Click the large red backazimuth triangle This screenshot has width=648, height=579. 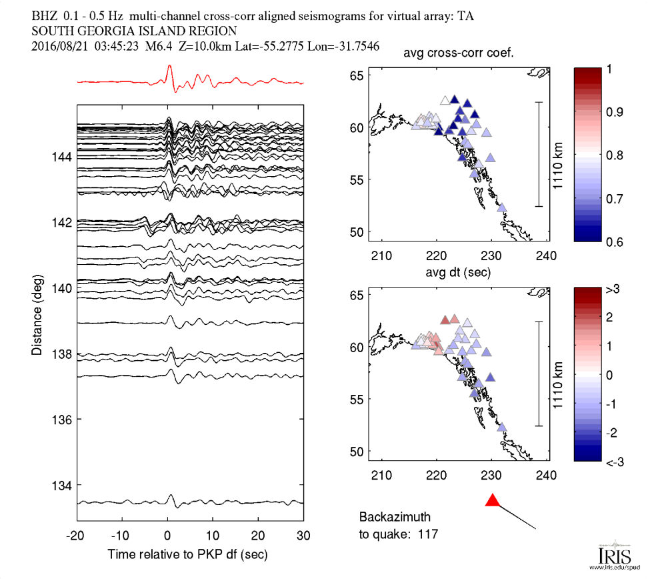tap(493, 500)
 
